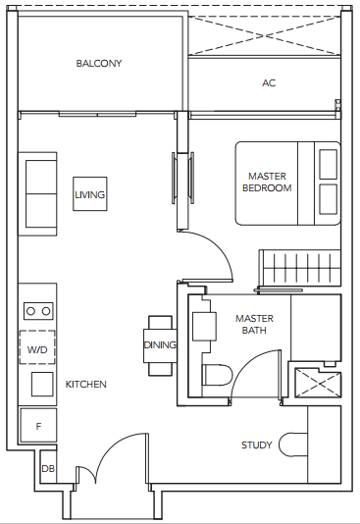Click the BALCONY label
pyautogui.click(x=99, y=63)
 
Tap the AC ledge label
pyautogui.click(x=269, y=82)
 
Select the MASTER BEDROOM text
pyautogui.click(x=267, y=183)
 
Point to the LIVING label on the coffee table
pyautogui.click(x=90, y=194)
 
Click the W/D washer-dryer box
pyautogui.click(x=37, y=347)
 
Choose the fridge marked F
pyautogui.click(x=38, y=425)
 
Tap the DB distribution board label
pyautogui.click(x=48, y=468)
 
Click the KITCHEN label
pyautogui.click(x=85, y=385)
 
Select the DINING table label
pyautogui.click(x=160, y=344)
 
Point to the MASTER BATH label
pyautogui.click(x=254, y=324)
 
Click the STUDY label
pyautogui.click(x=256, y=445)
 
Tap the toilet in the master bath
pyautogui.click(x=217, y=375)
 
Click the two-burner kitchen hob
pyautogui.click(x=38, y=311)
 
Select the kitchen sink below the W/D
pyautogui.click(x=42, y=385)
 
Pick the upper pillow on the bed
pyautogui.click(x=328, y=164)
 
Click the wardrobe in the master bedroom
pyautogui.click(x=300, y=268)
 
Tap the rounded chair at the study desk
pyautogui.click(x=293, y=445)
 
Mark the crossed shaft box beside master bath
pyautogui.click(x=318, y=383)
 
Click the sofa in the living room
pyautogui.click(x=37, y=194)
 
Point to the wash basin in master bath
pyautogui.click(x=204, y=326)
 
